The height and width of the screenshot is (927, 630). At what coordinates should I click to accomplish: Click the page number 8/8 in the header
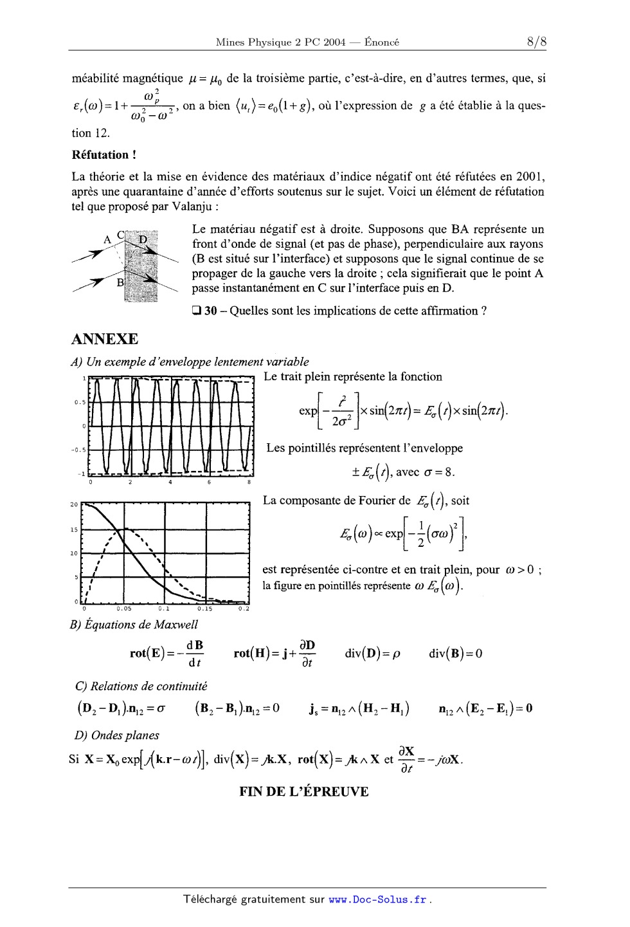click(535, 42)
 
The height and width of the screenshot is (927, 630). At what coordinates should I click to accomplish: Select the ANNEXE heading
click(105, 339)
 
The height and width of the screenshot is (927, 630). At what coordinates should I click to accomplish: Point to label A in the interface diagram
click(107, 240)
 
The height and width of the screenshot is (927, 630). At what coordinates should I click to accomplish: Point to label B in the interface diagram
click(120, 282)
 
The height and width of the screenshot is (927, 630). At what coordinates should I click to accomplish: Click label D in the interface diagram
click(143, 239)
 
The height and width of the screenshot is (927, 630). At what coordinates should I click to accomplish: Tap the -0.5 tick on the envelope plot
click(80, 450)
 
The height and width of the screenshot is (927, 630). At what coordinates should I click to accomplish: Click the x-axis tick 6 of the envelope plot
click(210, 482)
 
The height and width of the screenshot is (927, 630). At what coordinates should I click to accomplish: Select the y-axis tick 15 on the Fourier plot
click(74, 530)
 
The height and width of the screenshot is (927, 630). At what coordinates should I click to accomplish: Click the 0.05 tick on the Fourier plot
click(124, 608)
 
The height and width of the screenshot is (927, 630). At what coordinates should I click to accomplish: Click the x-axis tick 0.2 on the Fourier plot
click(243, 608)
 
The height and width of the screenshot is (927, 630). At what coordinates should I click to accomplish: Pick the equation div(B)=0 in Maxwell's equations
click(455, 654)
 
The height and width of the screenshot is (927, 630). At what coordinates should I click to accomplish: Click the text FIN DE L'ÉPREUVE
click(304, 792)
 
